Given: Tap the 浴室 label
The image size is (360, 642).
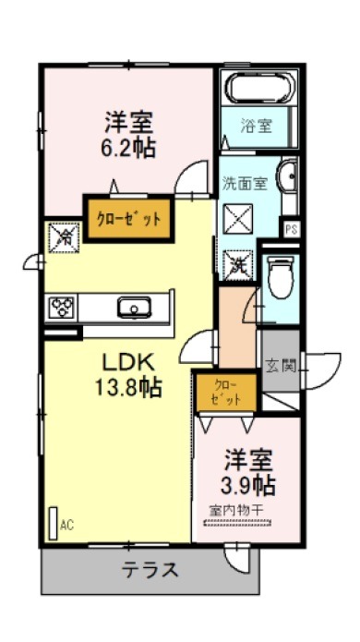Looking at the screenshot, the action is pos(257,127).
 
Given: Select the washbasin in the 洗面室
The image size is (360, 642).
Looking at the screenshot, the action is pos(288,176).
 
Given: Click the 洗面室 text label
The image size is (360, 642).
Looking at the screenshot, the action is pos(245,184).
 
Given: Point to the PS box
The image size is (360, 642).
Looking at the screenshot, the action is pos(291,229).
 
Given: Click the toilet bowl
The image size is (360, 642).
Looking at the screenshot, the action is pos(281,275).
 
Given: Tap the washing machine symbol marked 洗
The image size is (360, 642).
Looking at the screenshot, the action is pos(237,265).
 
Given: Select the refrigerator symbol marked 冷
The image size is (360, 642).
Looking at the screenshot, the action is pos(64,237).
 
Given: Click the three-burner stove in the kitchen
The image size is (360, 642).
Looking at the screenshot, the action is pos(62,307).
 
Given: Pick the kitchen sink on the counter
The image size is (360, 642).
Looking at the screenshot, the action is pos(134,307).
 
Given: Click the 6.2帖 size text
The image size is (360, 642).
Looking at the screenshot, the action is pos(128,149).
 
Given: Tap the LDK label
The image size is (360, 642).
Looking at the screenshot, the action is pos(128,363).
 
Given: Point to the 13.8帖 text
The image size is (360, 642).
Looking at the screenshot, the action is pos(128,387).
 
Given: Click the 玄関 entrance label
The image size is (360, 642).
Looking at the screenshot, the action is pos(281,366).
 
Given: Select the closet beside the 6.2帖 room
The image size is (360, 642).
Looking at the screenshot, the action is pos(128,219).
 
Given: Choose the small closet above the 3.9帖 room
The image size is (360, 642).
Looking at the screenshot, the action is pos(226,392).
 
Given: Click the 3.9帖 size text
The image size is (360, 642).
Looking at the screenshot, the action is pos(247,486).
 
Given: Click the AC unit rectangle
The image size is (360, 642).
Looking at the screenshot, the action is pos(54,523).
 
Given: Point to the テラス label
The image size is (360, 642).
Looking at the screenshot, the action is pos(150,570).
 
